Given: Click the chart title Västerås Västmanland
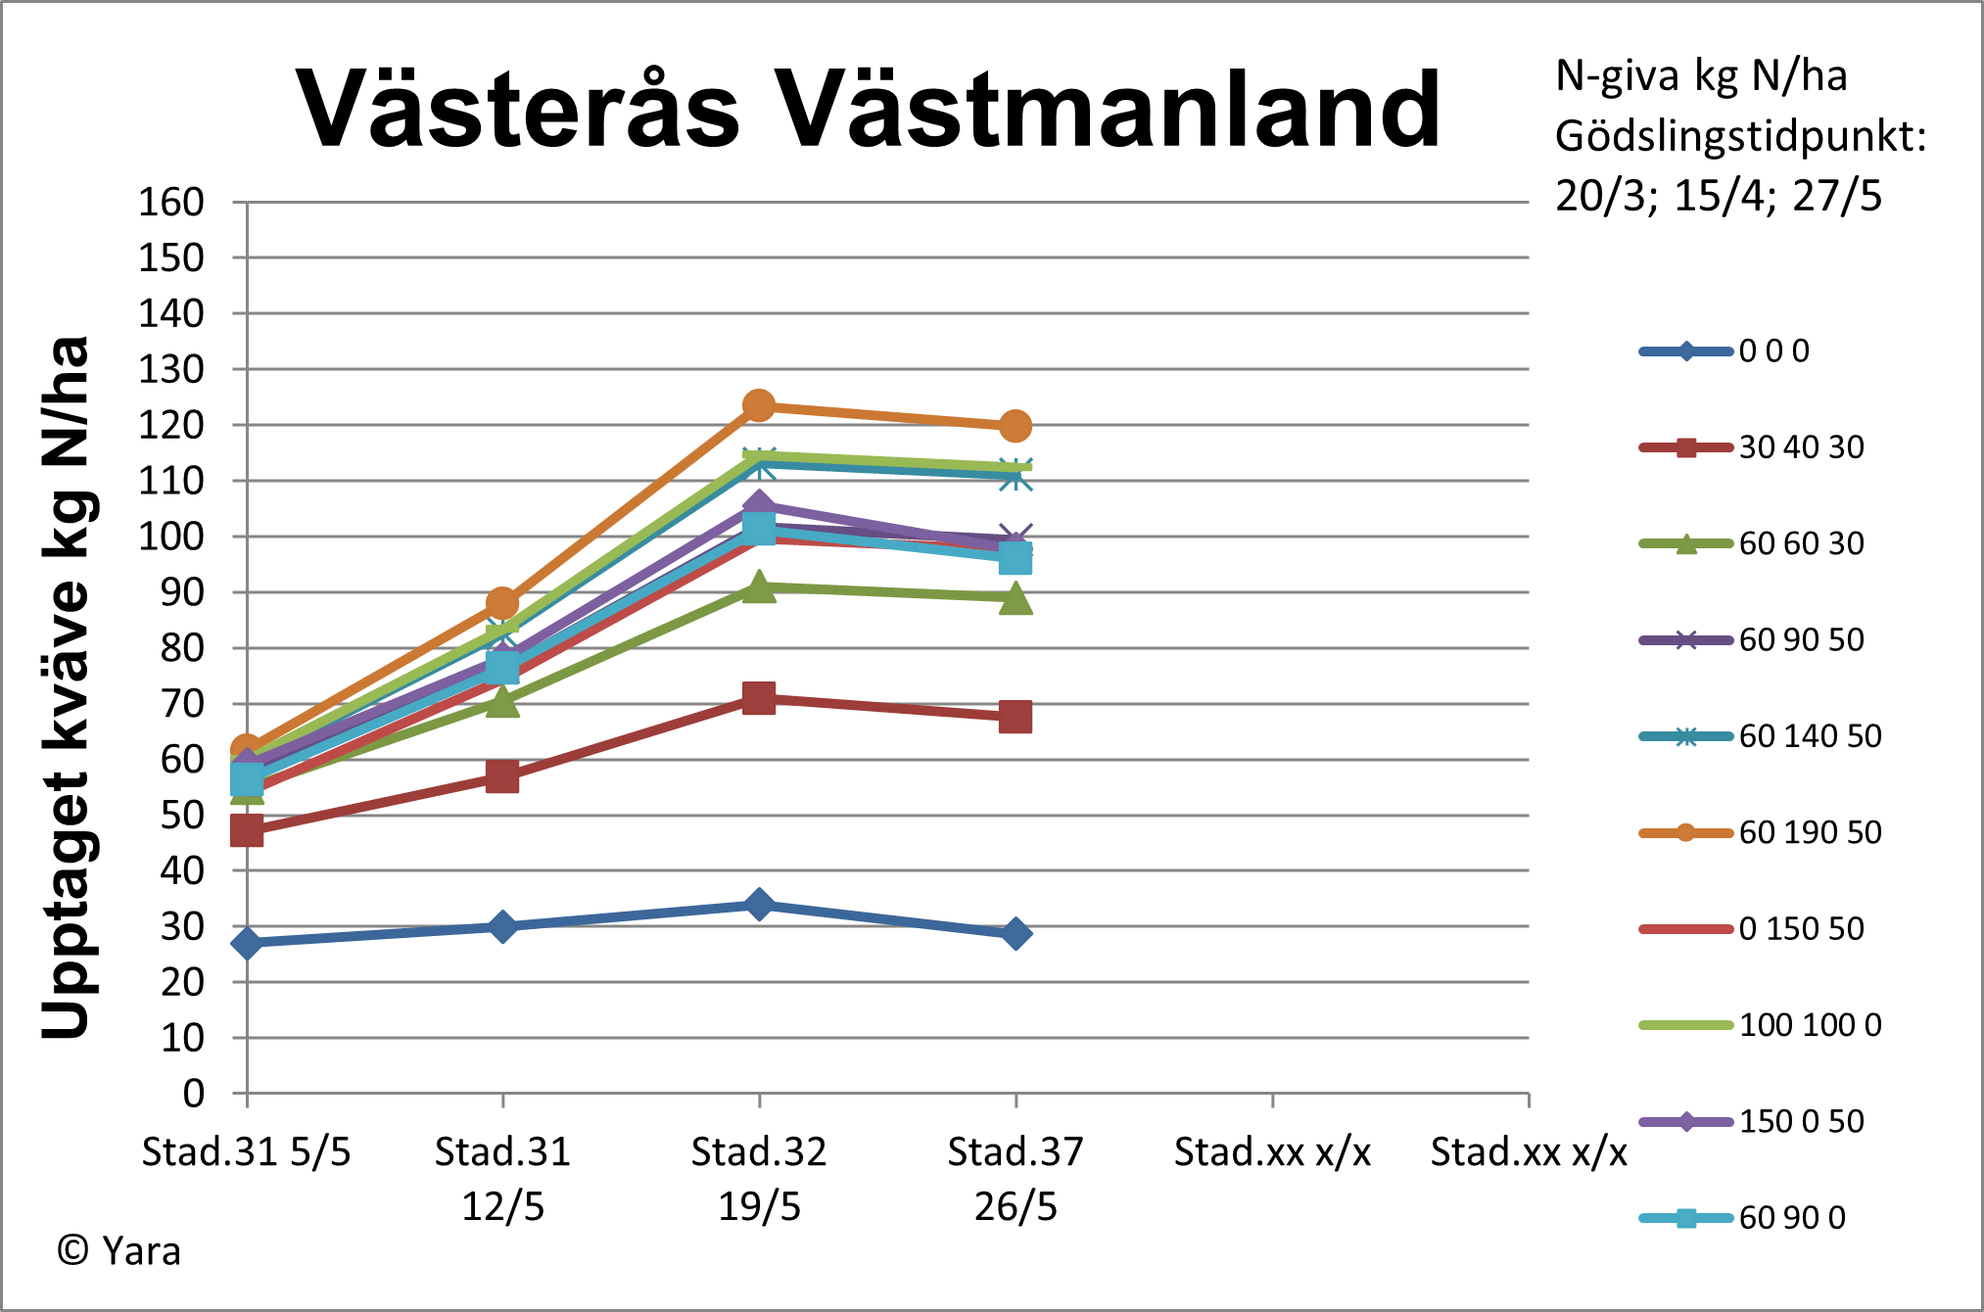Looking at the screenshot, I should click(868, 110).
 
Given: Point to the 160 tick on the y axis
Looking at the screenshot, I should click(171, 203).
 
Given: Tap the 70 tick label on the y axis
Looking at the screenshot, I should click(181, 703).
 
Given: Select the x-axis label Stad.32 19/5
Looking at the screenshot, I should click(759, 1179).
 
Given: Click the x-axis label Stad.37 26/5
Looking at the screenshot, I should click(1016, 1179).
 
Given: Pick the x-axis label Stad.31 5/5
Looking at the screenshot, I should click(246, 1152).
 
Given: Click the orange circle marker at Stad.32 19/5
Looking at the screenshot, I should click(759, 405).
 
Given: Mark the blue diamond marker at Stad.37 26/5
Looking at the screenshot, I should click(1016, 933).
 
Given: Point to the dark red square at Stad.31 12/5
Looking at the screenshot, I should click(502, 777).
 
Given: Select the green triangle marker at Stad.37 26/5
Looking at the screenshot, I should click(1016, 598).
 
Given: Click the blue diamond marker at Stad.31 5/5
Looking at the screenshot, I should click(247, 943).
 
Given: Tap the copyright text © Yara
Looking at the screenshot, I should click(119, 1251).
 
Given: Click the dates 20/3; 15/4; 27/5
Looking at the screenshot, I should click(1718, 196).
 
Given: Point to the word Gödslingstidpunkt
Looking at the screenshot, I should click(1738, 136).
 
